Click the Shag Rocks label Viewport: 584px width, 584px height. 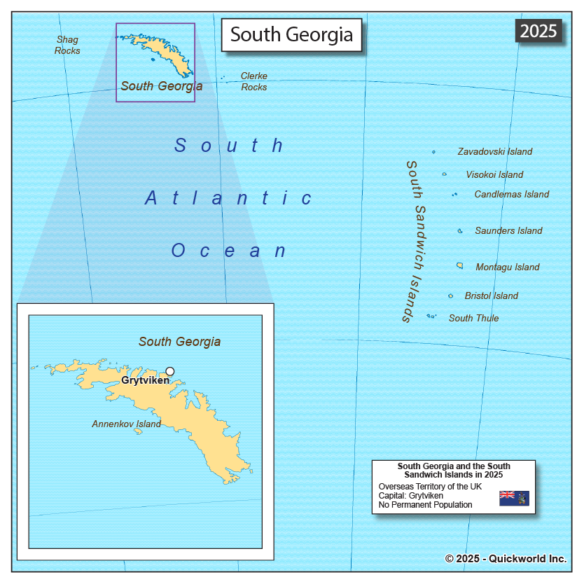67,46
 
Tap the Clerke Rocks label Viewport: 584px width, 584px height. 253,81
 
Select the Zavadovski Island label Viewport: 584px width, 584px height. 494,151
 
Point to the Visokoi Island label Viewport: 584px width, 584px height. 494,174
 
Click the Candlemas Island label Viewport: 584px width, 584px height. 511,194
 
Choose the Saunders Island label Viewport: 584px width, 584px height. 508,230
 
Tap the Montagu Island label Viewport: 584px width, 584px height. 507,267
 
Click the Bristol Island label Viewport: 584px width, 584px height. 491,296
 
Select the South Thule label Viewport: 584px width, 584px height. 473,318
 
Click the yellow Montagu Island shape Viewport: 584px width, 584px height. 460,265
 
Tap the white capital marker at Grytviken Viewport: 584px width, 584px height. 169,371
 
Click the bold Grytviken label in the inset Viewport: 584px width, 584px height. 145,381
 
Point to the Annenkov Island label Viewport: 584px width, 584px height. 126,424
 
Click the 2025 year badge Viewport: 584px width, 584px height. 538,31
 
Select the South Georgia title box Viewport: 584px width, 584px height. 291,34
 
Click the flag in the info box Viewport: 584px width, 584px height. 514,498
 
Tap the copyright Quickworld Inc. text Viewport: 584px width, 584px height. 506,558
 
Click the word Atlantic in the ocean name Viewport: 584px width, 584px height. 229,198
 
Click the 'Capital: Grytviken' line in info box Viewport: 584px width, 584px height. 410,496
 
